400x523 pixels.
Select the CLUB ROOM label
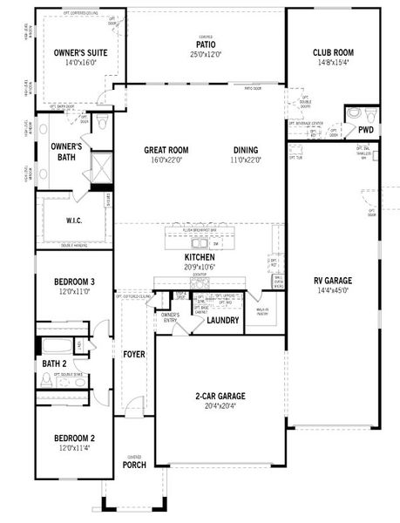pos(333,52)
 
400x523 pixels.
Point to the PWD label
pos(366,130)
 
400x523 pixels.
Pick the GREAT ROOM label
pos(166,150)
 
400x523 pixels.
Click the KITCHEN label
pos(200,258)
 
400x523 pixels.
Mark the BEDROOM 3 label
pos(73,282)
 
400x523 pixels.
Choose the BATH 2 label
pos(58,363)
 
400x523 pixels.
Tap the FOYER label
pos(133,355)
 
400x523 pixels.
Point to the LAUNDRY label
pos(223,321)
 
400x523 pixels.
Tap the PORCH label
pos(134,465)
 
